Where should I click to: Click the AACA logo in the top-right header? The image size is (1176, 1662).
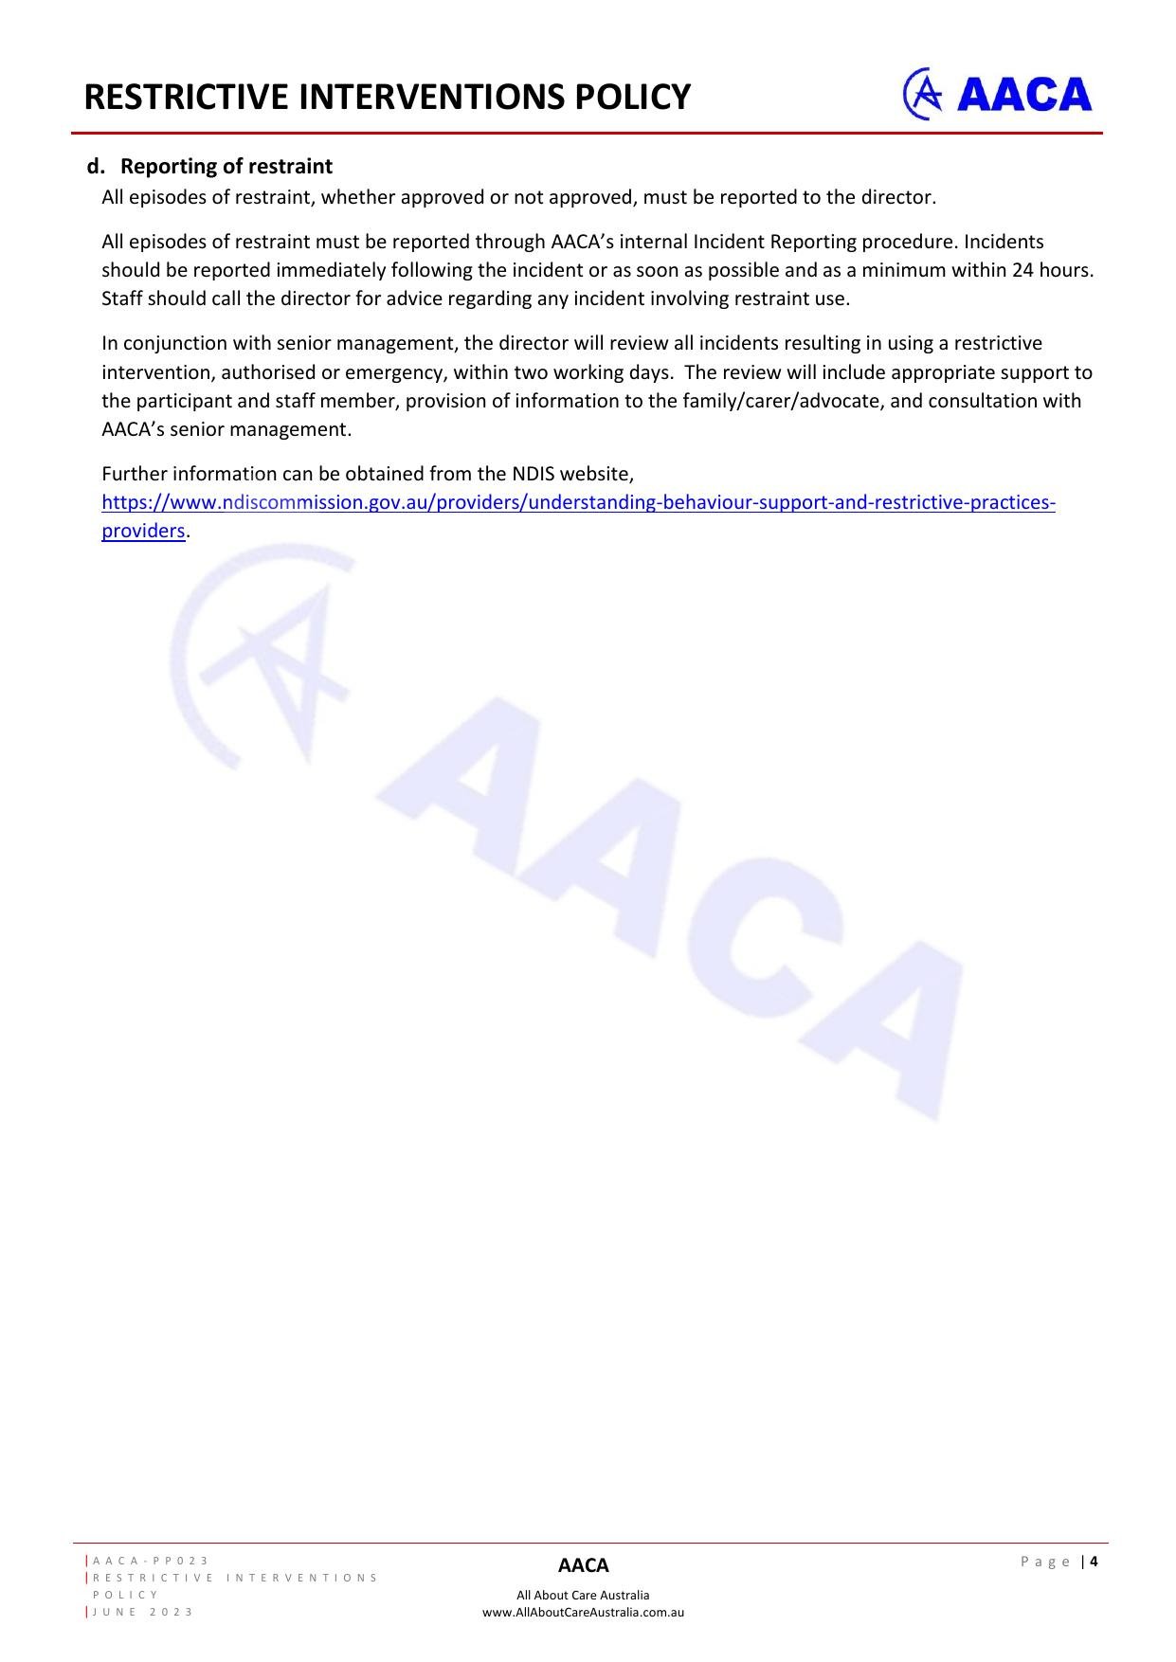click(997, 94)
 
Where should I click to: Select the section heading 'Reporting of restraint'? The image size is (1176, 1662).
click(226, 167)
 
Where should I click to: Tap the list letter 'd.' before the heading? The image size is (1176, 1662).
click(96, 167)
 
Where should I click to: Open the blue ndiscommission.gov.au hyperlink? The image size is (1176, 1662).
click(578, 502)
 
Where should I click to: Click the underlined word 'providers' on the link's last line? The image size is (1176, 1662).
click(143, 531)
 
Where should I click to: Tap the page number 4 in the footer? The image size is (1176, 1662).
click(1094, 1562)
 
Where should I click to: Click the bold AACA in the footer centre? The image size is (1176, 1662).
click(583, 1565)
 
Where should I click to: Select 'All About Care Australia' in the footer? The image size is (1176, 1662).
click(583, 1595)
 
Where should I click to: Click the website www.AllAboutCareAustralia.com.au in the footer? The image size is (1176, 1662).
click(583, 1612)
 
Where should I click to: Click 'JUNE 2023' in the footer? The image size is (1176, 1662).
click(143, 1612)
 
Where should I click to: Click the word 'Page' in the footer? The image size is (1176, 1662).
click(1045, 1562)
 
